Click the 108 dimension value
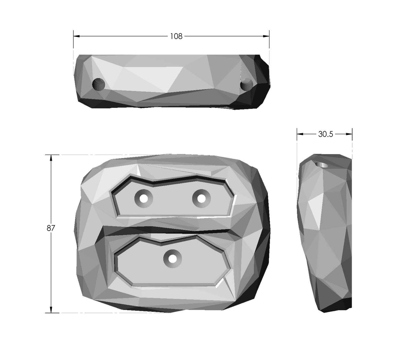tap(176, 36)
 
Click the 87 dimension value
tap(51, 228)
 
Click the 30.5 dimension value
tap(325, 134)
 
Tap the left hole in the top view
tap(99, 84)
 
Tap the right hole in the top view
tap(247, 84)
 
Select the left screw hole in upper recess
tap(144, 198)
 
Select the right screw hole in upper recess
tap(201, 198)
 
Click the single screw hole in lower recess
tap(172, 259)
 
